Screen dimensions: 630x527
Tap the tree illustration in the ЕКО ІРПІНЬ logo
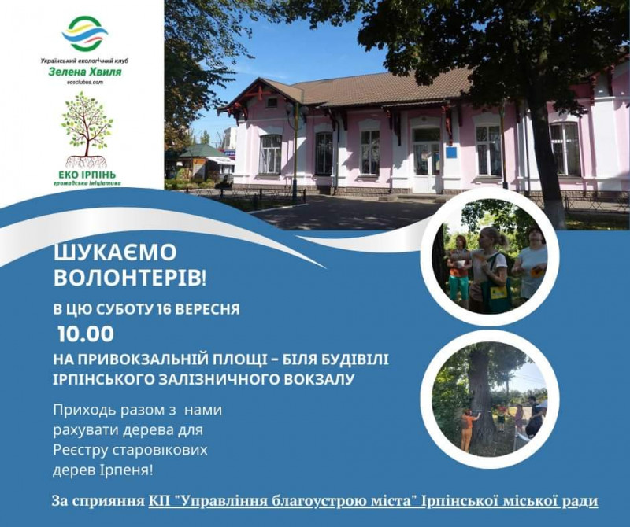pos(87,129)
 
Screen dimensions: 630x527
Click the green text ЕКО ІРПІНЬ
pos(87,175)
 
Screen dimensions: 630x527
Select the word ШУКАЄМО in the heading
pos(115,252)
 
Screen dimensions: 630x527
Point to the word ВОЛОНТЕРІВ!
pos(130,277)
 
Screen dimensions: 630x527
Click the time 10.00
pos(86,334)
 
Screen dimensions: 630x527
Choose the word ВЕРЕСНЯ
pos(209,309)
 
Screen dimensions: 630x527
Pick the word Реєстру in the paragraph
pos(80,451)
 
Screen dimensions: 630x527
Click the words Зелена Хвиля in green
pos(85,72)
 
